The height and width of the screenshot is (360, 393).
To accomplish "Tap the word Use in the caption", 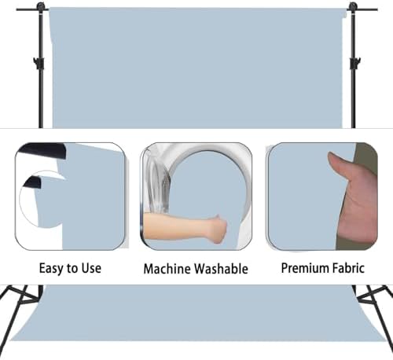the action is tap(91, 268).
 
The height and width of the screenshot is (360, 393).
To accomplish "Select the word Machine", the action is tap(167, 269).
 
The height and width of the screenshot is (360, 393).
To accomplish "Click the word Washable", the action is tap(222, 269).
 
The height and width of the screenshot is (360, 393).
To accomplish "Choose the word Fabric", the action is tap(348, 268).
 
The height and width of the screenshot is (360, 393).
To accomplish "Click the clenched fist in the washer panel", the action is tap(218, 230).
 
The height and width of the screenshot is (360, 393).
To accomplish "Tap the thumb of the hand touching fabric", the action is tap(338, 163).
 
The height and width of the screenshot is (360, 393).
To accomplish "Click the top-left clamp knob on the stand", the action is tap(40, 6).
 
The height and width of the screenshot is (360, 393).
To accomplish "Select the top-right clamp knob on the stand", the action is tap(353, 6).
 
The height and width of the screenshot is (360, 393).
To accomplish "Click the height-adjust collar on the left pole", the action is tap(39, 63).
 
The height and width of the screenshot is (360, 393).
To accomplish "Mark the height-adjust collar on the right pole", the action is tap(355, 63).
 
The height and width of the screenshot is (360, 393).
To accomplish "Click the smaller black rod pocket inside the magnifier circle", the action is tap(32, 182).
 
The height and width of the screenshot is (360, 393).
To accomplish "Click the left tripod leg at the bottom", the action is tap(17, 314).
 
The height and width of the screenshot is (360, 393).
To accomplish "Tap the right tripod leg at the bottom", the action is tap(375, 314).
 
